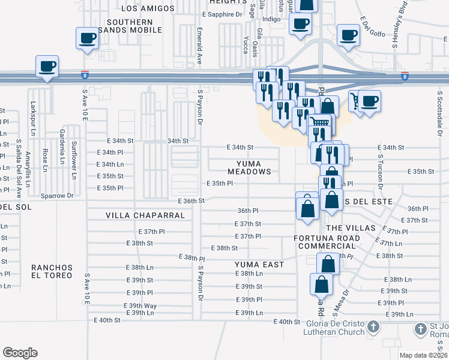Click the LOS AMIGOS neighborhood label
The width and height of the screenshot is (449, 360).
[x=148, y=8]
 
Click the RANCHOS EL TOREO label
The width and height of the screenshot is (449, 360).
[x=52, y=271]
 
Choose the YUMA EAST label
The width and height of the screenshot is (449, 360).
[x=259, y=264]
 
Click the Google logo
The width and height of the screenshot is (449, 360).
[x=20, y=353]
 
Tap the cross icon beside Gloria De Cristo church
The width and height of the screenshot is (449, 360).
[x=373, y=328]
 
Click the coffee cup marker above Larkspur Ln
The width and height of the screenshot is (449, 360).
[x=47, y=65]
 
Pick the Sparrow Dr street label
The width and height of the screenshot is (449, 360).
[x=57, y=196]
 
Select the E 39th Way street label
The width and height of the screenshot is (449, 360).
[x=140, y=306]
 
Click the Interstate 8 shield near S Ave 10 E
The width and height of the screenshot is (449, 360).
[x=85, y=76]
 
